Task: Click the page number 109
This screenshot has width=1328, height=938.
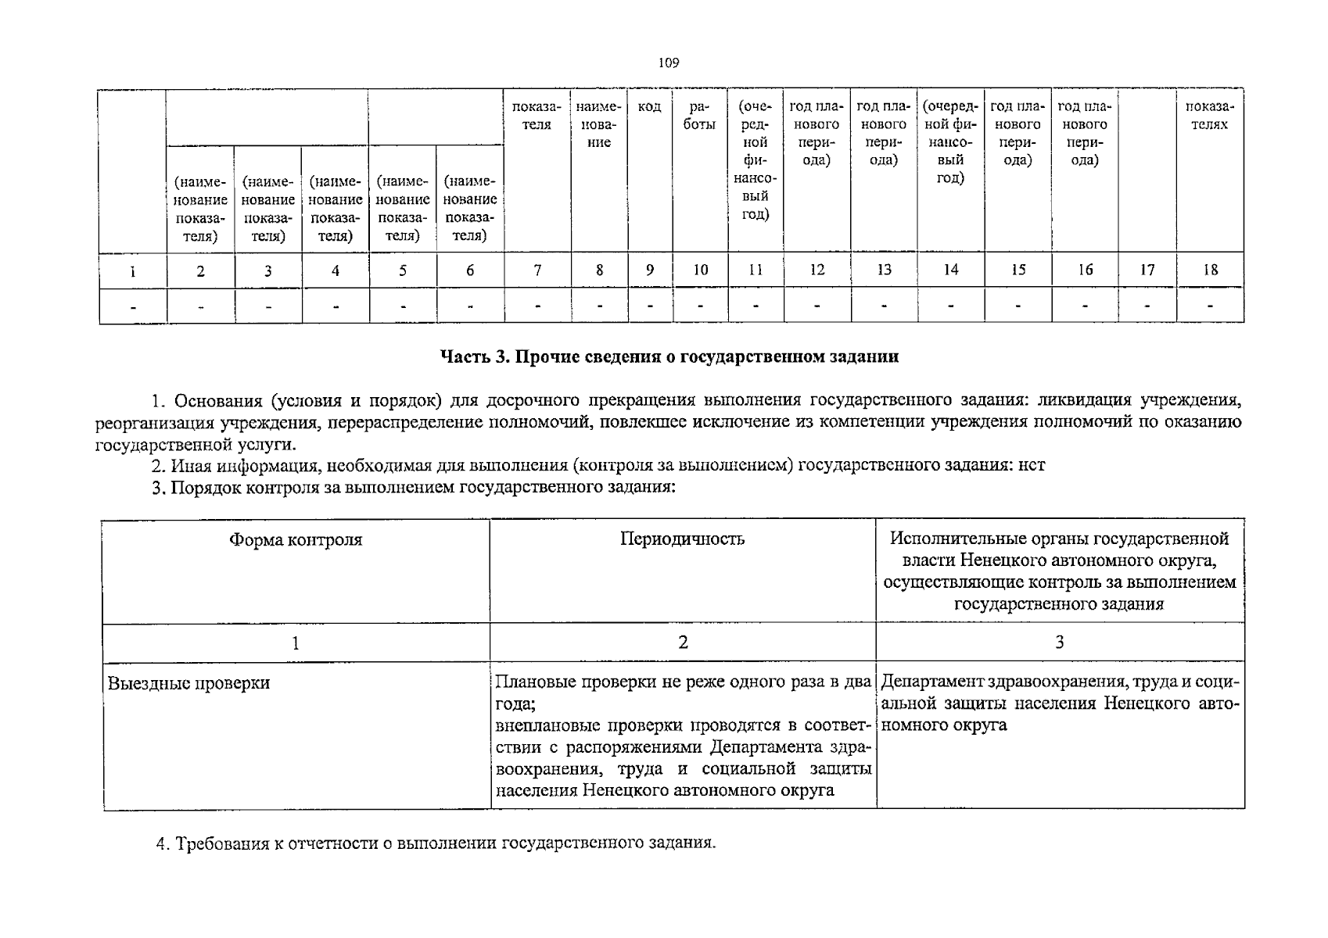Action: click(x=668, y=63)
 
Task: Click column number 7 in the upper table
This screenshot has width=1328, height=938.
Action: click(x=537, y=270)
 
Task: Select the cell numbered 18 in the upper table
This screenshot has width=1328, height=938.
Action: click(x=1210, y=270)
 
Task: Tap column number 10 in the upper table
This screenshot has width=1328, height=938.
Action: click(x=700, y=270)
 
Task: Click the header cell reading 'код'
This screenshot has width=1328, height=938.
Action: click(x=649, y=107)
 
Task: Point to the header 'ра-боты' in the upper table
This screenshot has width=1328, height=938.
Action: click(x=699, y=116)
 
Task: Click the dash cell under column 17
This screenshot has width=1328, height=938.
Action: click(x=1147, y=306)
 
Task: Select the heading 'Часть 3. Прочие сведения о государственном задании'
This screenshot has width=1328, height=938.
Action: click(x=669, y=357)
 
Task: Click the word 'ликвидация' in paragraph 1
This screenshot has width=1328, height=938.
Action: click(x=1084, y=401)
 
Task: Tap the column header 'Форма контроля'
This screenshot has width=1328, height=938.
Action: click(x=296, y=540)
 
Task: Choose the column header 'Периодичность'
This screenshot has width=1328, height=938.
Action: click(x=682, y=539)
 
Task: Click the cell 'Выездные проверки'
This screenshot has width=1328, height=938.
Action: click(x=188, y=683)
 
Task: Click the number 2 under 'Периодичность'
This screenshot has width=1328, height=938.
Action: click(x=683, y=643)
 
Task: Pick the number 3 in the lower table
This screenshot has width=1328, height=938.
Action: click(x=1059, y=643)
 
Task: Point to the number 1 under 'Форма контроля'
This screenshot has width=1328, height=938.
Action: click(x=296, y=643)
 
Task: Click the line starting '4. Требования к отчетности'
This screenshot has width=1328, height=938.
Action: click(x=436, y=844)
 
